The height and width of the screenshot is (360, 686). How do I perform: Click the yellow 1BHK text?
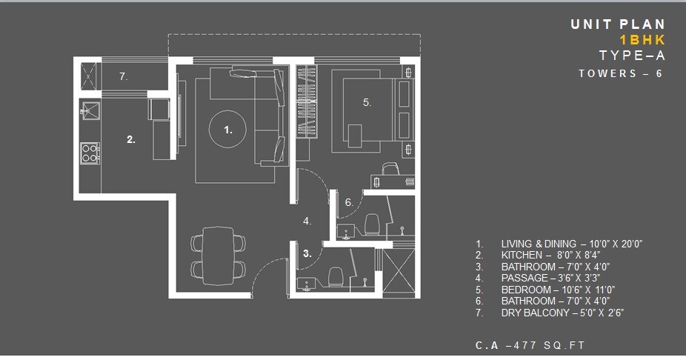tap(642, 40)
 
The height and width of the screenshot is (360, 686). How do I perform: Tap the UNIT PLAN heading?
tap(617, 24)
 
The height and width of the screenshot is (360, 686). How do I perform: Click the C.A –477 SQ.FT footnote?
tap(531, 345)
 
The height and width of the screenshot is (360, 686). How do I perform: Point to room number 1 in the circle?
tap(228, 130)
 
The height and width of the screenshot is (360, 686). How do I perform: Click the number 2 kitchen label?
tap(130, 139)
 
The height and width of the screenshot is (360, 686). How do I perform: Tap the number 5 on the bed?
tap(366, 103)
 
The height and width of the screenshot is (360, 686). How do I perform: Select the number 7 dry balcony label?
tap(124, 76)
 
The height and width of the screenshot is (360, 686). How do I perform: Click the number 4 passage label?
tap(307, 221)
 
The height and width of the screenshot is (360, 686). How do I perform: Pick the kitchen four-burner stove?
tap(90, 153)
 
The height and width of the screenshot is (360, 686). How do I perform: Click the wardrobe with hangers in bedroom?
tap(307, 101)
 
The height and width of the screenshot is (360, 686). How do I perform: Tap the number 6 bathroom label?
tap(348, 202)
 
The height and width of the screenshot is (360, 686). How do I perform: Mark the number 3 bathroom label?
tap(307, 253)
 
